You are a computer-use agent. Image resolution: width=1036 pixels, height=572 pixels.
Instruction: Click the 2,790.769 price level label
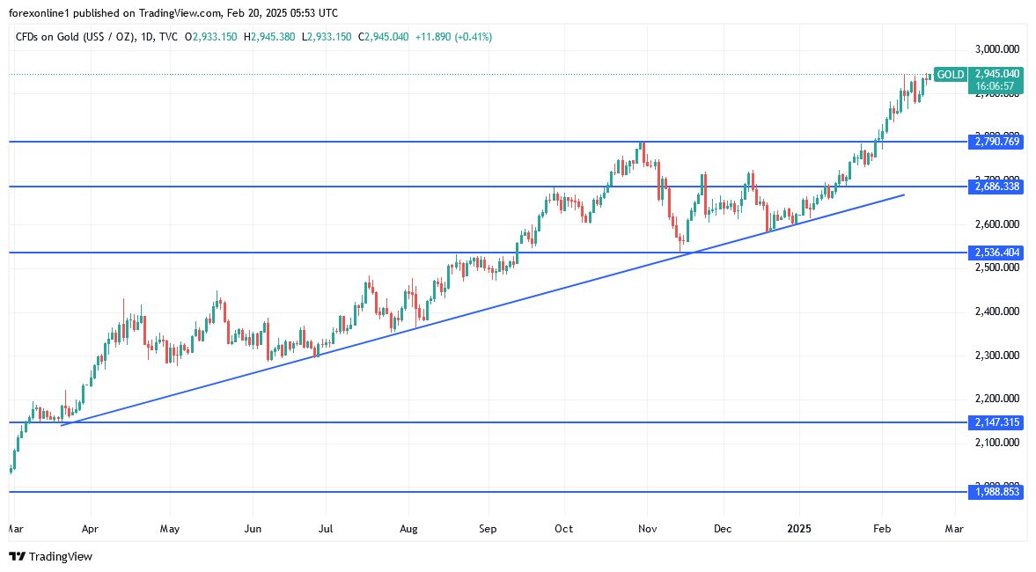click(x=997, y=141)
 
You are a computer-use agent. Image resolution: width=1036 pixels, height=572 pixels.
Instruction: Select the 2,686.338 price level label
click(x=997, y=187)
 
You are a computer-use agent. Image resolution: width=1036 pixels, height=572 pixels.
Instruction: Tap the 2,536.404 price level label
click(x=997, y=253)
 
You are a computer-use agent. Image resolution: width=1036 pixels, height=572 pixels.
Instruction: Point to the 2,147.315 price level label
click(x=997, y=422)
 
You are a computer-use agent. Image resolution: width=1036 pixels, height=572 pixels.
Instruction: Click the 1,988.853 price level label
click(x=997, y=492)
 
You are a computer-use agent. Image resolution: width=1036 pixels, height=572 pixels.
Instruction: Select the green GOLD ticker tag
click(x=950, y=75)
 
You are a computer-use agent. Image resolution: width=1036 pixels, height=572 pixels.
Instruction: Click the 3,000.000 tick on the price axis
click(x=997, y=48)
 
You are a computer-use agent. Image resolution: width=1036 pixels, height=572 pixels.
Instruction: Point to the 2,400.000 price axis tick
click(x=997, y=312)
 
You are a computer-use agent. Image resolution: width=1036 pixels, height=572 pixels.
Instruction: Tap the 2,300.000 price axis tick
click(x=997, y=356)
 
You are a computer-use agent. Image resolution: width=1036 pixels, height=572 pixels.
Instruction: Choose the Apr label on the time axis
click(x=89, y=530)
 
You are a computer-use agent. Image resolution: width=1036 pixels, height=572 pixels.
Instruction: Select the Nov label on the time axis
click(x=647, y=530)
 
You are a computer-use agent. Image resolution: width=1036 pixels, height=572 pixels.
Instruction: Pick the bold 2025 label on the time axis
click(x=800, y=530)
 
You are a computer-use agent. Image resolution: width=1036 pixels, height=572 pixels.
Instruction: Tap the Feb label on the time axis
click(x=881, y=530)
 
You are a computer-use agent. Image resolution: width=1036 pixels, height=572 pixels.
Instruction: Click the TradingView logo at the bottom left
click(x=50, y=556)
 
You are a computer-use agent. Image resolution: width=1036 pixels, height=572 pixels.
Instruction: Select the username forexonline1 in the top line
click(x=42, y=13)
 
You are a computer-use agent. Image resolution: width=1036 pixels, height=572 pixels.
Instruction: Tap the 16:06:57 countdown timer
click(x=997, y=86)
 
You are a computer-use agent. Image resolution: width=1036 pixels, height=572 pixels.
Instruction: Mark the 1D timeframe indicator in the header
click(x=146, y=37)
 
